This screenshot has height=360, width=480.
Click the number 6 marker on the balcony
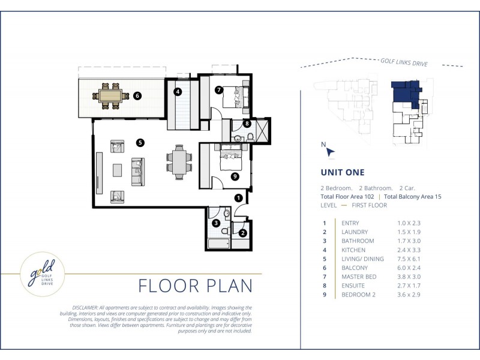pyautogui.click(x=137, y=96)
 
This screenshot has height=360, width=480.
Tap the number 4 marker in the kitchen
pyautogui.click(x=178, y=92)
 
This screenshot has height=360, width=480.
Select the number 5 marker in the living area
pyautogui.click(x=140, y=142)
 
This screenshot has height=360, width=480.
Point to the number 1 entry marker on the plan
pyautogui.click(x=238, y=198)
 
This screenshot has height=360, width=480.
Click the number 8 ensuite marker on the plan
pyautogui.click(x=247, y=124)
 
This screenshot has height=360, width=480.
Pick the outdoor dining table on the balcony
pyautogui.click(x=110, y=96)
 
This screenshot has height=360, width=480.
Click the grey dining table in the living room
pyautogui.click(x=179, y=162)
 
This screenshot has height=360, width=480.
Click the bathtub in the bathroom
pyautogui.click(x=218, y=244)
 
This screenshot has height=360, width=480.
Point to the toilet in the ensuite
pyautogui.click(x=250, y=137)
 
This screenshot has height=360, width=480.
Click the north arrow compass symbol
pyautogui.click(x=330, y=152)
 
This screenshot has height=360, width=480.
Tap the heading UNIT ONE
pyautogui.click(x=343, y=172)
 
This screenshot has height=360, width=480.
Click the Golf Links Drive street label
pyautogui.click(x=404, y=62)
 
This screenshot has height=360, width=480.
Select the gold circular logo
pyautogui.click(x=42, y=274)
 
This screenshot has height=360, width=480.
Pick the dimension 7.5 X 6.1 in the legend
pyautogui.click(x=409, y=259)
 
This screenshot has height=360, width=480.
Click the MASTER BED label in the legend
pyautogui.click(x=359, y=277)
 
